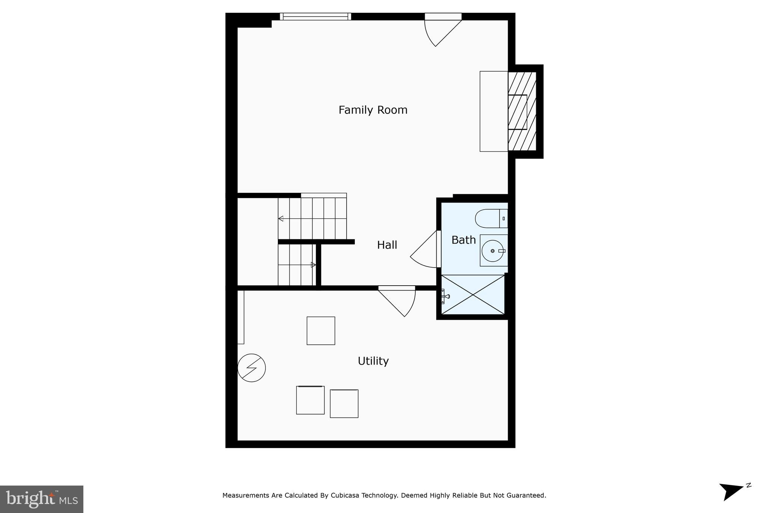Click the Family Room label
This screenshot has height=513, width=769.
[x=372, y=110]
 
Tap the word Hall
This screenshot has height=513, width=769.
[x=387, y=245]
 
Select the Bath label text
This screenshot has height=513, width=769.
[x=463, y=240]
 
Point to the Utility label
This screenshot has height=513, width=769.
[x=373, y=361]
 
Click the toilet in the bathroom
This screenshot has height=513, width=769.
[x=491, y=218]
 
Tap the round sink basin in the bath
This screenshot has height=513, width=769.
[x=493, y=251]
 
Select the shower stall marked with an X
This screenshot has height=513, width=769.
[x=473, y=295]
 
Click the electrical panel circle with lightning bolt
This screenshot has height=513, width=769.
[x=252, y=368]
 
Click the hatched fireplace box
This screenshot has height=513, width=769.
[x=522, y=111]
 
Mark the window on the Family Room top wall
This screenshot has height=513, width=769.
[x=315, y=16]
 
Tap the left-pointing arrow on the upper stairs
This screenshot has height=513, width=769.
[x=281, y=219]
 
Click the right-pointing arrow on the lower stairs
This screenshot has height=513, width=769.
[x=313, y=265]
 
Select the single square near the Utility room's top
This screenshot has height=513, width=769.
[x=321, y=331]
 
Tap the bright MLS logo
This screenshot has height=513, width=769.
[x=42, y=499]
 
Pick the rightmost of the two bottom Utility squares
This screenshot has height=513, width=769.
[x=344, y=404]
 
